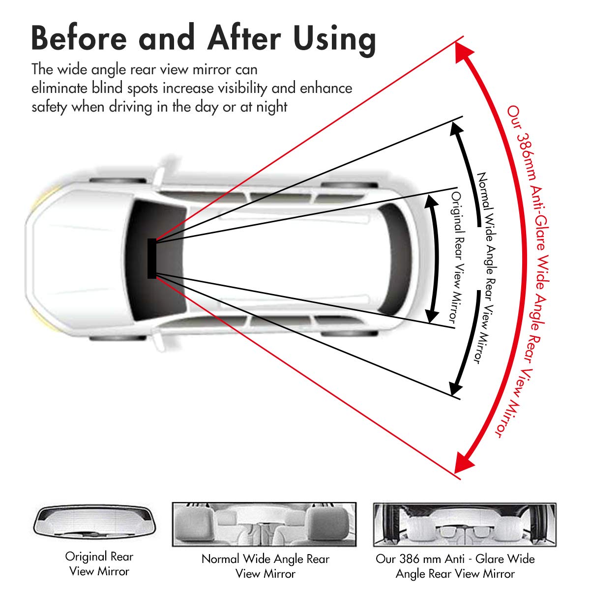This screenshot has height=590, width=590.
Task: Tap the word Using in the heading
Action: [x=334, y=39]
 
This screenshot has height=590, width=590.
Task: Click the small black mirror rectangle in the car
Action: [x=152, y=258]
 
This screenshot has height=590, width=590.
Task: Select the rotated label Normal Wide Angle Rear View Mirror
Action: [x=485, y=268]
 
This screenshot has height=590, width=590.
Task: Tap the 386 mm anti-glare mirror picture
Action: [x=465, y=525]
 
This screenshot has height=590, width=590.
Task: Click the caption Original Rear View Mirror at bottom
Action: [x=99, y=564]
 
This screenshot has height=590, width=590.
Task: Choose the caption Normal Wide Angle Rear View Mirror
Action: [x=265, y=566]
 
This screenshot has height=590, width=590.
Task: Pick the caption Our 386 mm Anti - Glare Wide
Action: [x=455, y=559]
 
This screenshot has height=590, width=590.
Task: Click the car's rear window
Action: [x=396, y=258]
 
